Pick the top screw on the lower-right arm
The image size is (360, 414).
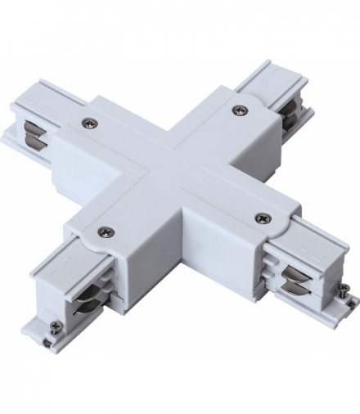[x=263, y=217]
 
